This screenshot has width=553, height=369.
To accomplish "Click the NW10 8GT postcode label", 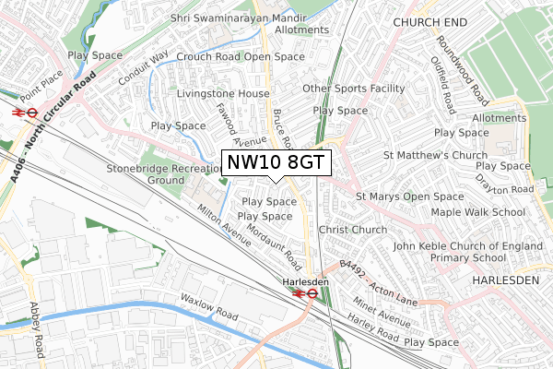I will [276, 163].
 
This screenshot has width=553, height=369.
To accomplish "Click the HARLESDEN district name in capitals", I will [510, 279].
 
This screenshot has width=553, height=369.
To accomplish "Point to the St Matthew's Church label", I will [430, 155].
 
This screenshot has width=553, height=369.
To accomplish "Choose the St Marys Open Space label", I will [410, 196].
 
